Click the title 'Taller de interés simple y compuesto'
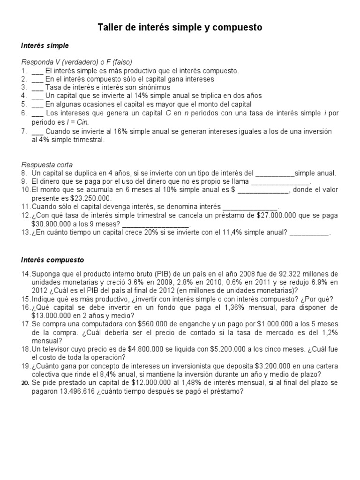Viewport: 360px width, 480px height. [x=180, y=28]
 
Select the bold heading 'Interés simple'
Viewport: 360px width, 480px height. [x=45, y=46]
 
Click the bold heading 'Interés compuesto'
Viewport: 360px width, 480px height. [x=52, y=259]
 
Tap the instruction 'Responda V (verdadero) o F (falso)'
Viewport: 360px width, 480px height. [x=77, y=62]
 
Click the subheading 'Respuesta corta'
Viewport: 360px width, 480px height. [x=47, y=165]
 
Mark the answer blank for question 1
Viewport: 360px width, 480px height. [x=38, y=71]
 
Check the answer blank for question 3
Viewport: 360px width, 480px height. [x=38, y=87]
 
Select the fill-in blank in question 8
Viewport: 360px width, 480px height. [x=276, y=173]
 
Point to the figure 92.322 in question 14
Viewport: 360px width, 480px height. [x=279, y=273]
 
